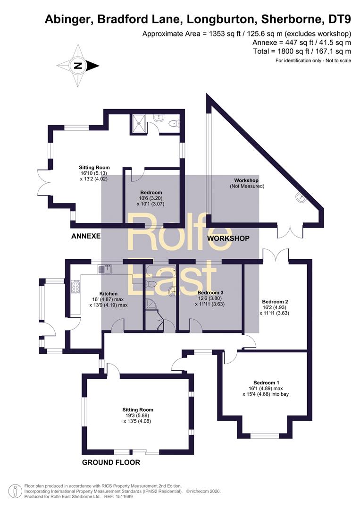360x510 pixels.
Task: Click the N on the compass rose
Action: coord(78,66)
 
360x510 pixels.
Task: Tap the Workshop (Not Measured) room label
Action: coord(247,183)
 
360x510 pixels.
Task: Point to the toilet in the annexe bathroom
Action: coord(174,123)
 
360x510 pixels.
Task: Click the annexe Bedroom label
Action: coord(151,198)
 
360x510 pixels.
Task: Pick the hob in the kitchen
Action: coord(75,287)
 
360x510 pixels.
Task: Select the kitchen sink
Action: coord(105,269)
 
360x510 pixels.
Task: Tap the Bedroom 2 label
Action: coord(275,307)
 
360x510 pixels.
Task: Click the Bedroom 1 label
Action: coord(266,388)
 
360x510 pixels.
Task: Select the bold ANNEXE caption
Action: coord(86,236)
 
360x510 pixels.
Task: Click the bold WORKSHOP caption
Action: coord(228,238)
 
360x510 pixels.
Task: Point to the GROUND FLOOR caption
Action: coord(111,462)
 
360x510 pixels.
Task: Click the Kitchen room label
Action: coord(109,299)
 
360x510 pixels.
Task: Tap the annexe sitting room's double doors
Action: coord(42,184)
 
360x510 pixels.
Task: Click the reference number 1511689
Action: coord(123,497)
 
